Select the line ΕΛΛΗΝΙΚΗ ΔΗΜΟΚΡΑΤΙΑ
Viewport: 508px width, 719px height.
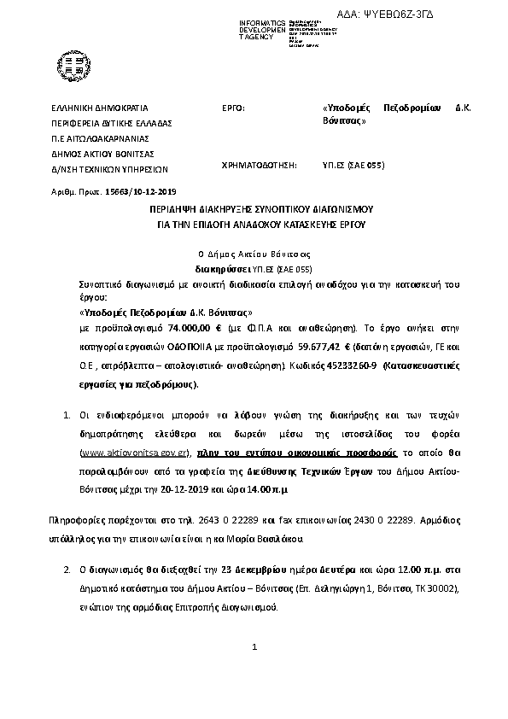100,108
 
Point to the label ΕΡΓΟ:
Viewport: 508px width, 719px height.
233,108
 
